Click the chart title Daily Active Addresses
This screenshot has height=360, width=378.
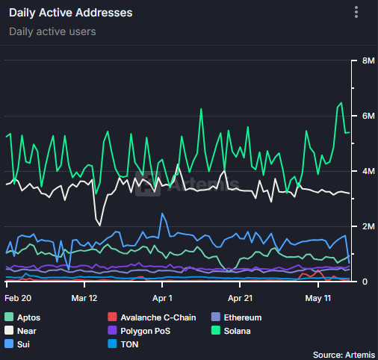tap(71, 13)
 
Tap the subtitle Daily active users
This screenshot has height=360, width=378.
tap(52, 32)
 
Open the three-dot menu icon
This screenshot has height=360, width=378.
tap(356, 12)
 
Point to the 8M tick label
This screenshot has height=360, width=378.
tap(368, 60)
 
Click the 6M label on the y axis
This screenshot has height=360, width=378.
tap(368, 116)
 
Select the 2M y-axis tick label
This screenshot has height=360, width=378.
tap(368, 226)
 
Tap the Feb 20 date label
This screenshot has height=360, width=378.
tap(18, 298)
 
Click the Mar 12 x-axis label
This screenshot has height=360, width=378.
tap(84, 298)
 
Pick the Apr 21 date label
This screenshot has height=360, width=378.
tap(240, 298)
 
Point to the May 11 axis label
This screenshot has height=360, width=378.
tap(318, 298)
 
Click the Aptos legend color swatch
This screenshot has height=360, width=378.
tap(9, 317)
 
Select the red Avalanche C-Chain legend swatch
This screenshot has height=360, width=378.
tap(112, 317)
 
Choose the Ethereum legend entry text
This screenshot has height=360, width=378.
tap(243, 317)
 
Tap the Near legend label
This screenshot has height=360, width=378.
tap(27, 331)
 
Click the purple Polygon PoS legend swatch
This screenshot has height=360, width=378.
tap(112, 331)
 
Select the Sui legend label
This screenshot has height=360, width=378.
tap(23, 344)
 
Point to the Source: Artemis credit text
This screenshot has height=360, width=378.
tap(344, 355)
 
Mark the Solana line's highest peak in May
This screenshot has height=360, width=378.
tap(341, 102)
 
